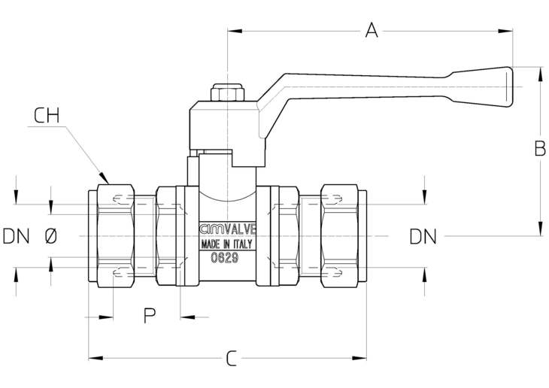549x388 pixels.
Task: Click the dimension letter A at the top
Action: [x=372, y=30]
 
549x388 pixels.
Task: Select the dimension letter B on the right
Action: [x=540, y=148]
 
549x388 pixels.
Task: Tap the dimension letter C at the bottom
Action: [x=231, y=358]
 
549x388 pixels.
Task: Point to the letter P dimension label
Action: [x=150, y=315]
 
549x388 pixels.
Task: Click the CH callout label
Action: [x=47, y=116]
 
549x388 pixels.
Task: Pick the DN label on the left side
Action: [x=16, y=236]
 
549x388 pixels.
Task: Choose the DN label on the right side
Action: [x=423, y=237]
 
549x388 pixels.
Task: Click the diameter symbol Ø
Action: [x=51, y=236]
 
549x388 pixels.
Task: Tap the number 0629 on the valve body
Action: [x=225, y=258]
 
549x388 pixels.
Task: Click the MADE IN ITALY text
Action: [x=226, y=244]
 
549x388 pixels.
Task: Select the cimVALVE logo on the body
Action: [x=228, y=229]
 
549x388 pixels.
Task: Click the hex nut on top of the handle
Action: [x=227, y=92]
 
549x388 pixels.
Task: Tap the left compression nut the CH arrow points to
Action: [x=116, y=236]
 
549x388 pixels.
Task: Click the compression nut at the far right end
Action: [x=339, y=236]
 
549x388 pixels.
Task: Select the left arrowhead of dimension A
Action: [x=235, y=31]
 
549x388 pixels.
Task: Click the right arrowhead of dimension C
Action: [x=359, y=358]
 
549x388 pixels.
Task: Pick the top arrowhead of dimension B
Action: [x=541, y=74]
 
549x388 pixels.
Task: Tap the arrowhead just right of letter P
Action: [x=187, y=317]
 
